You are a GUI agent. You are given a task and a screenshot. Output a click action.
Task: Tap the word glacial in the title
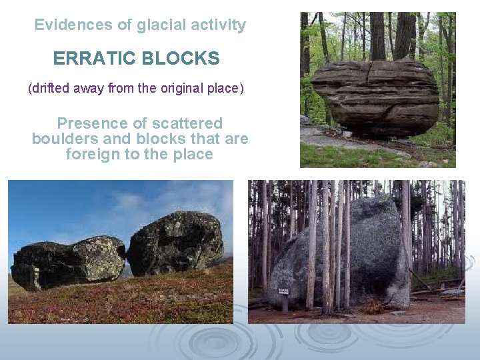pos(159,25)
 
